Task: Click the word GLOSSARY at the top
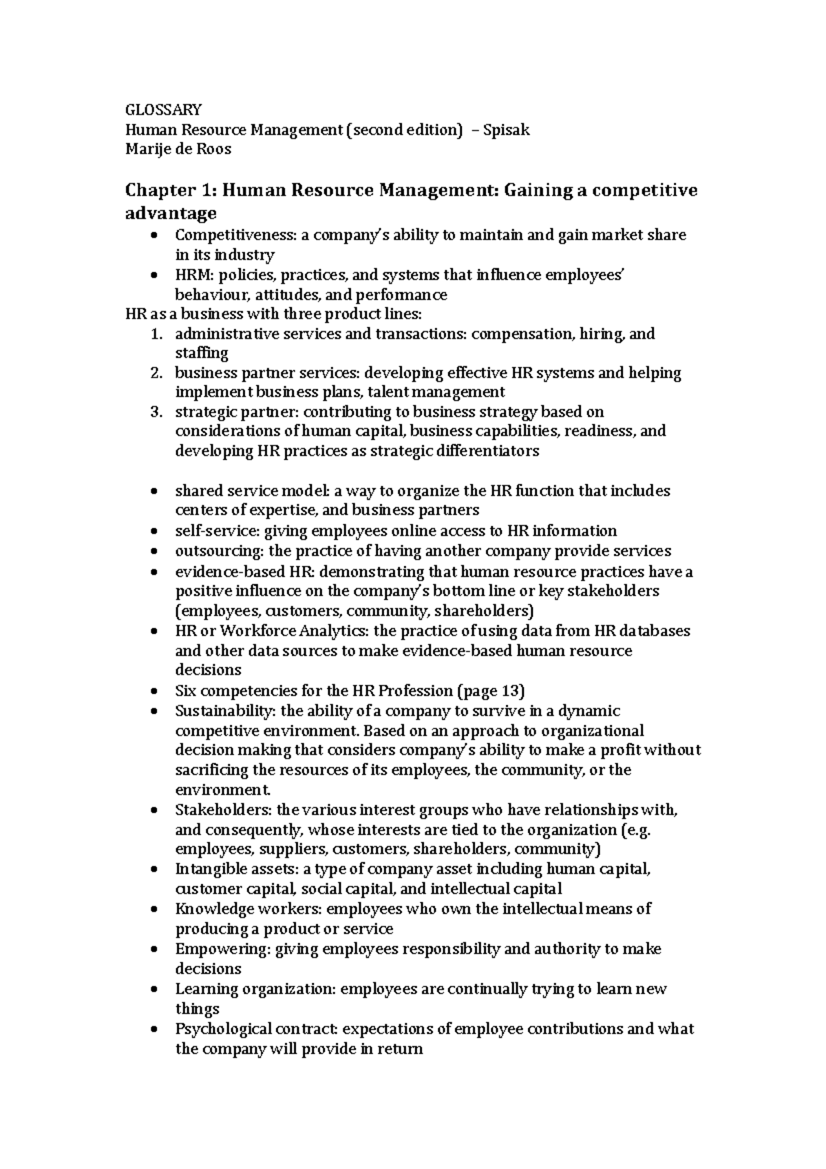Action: pos(163,109)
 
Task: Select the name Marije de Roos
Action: pos(178,149)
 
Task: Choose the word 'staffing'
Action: pos(202,353)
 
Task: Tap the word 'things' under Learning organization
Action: pos(198,1009)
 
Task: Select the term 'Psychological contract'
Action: pos(255,1029)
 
